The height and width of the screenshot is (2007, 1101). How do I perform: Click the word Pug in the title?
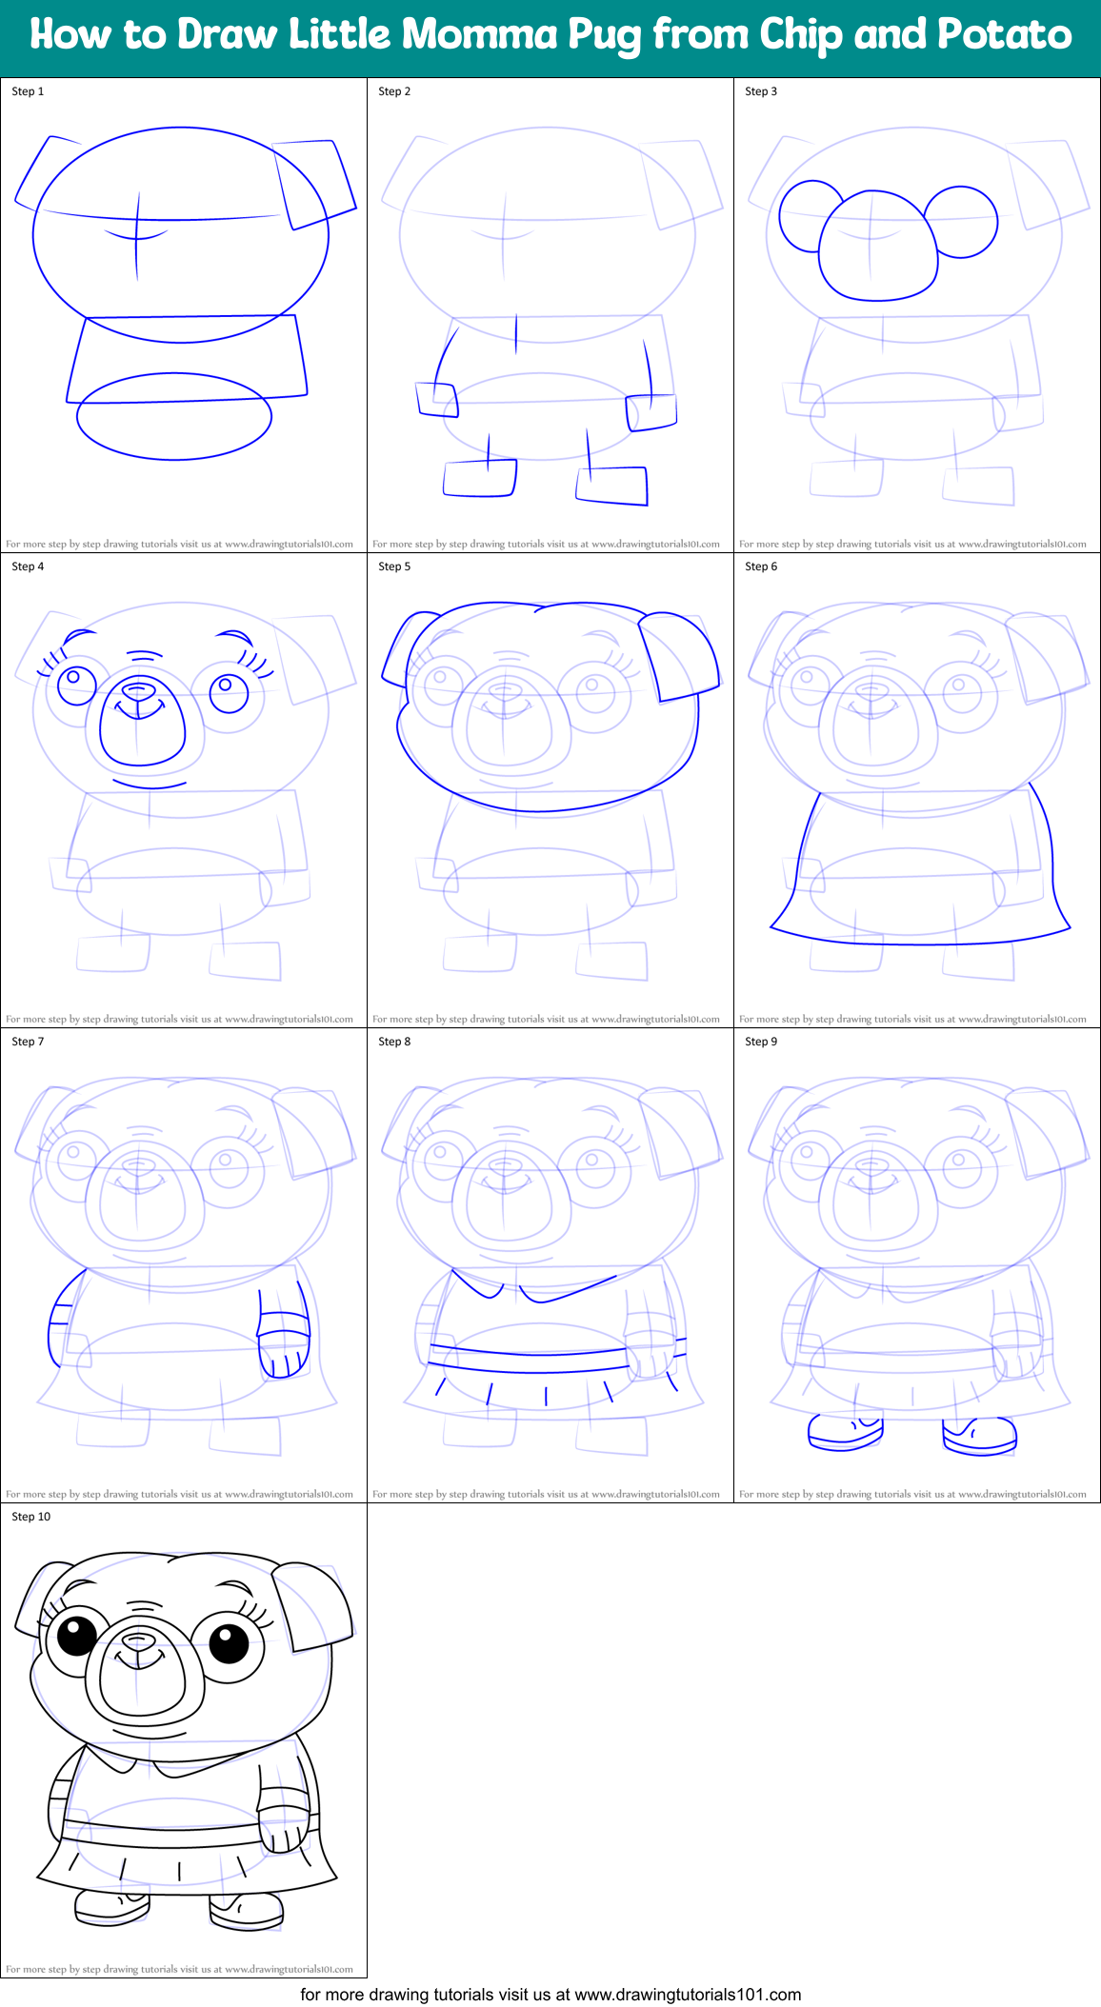(x=606, y=36)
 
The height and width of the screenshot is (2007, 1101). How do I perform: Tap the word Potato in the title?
(x=1004, y=35)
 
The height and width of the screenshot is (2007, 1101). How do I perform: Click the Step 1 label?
(x=28, y=91)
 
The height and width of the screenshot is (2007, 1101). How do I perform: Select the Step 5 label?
(x=394, y=566)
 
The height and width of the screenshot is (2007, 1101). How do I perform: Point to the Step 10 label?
(x=31, y=1517)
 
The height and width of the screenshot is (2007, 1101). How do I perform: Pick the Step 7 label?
(x=28, y=1042)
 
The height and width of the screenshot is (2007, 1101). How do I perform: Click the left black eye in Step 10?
(x=76, y=1637)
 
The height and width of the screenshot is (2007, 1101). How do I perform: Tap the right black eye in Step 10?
(x=228, y=1642)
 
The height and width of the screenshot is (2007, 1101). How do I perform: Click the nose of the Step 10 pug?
(x=139, y=1640)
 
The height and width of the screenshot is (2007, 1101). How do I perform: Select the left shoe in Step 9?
(x=845, y=1432)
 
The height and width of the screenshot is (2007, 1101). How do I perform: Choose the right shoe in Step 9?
(x=980, y=1435)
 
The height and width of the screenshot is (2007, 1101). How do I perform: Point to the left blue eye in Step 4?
(x=75, y=684)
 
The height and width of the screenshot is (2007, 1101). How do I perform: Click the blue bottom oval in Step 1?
(x=174, y=417)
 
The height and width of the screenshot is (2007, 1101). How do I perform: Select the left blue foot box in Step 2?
(x=480, y=478)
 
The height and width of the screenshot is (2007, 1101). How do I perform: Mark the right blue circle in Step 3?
(x=961, y=222)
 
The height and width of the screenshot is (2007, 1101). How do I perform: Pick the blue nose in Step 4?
(x=139, y=689)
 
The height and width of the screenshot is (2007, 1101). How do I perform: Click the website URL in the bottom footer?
(x=688, y=1994)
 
